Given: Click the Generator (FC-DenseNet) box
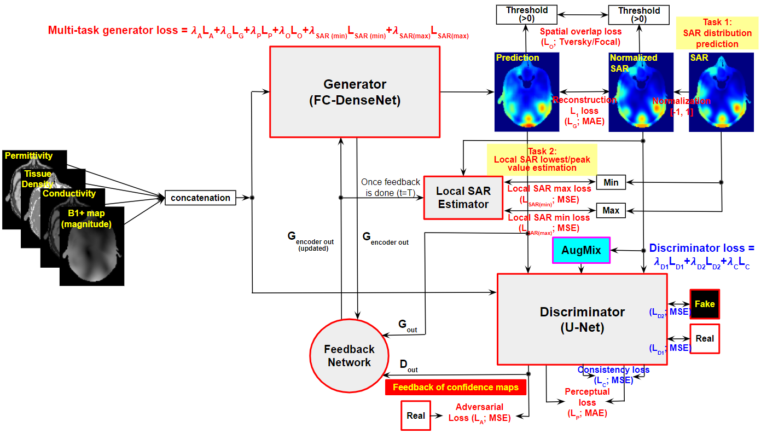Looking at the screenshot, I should tap(355, 91).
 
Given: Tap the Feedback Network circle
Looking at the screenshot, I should tap(349, 356).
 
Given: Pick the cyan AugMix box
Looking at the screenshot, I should tap(581, 250).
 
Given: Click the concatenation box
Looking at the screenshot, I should tap(200, 198).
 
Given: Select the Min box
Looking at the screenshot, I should tap(611, 182).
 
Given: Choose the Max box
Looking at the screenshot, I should tap(611, 210).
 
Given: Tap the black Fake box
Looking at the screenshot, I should tap(705, 304).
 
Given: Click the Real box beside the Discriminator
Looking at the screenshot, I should tap(705, 338).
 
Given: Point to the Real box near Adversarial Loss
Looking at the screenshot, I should tap(416, 415).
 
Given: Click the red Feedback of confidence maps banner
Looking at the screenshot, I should tap(455, 388).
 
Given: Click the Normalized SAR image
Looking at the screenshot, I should tap(641, 91).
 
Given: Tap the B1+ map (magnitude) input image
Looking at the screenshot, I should tap(92, 246).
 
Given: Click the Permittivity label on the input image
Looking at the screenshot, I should tap(29, 156).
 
